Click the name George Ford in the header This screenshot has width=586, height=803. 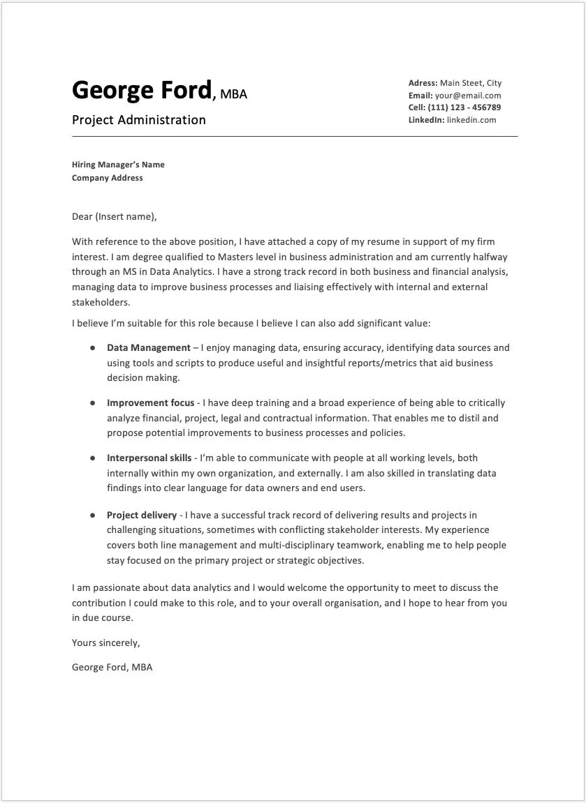141,90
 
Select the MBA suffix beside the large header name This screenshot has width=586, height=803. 233,93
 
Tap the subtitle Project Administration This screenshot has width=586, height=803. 138,120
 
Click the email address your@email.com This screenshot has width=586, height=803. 467,96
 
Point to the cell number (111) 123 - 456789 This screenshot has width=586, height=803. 467,107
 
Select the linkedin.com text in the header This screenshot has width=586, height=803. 471,120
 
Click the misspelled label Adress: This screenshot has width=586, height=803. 423,83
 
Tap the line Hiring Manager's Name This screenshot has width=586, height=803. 118,165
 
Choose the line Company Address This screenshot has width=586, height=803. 107,178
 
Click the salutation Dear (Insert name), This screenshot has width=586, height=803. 115,217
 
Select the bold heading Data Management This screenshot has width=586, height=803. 148,347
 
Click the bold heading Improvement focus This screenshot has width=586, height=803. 150,403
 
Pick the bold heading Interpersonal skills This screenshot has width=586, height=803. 149,458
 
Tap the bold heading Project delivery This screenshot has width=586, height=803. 142,515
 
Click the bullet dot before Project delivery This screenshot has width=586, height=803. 92,515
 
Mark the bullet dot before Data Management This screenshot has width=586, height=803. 92,347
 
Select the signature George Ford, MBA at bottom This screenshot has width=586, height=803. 112,667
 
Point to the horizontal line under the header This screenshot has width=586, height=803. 294,136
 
